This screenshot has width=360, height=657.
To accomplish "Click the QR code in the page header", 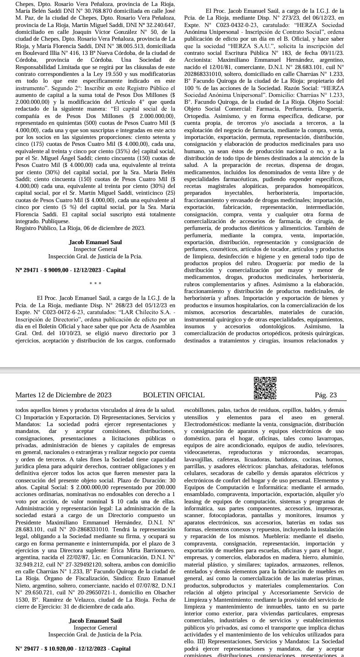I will click(265, 388).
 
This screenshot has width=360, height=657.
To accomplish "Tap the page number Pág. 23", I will click(326, 395).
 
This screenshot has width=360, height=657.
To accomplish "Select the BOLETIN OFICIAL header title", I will click(173, 395).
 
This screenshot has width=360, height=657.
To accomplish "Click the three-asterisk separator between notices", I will click(95, 284).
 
